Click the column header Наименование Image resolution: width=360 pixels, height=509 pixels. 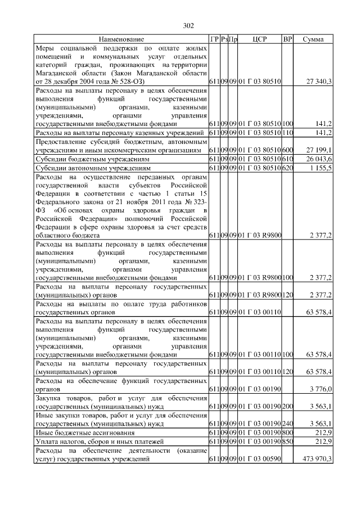(x=121, y=39)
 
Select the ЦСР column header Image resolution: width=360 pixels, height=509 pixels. (x=259, y=39)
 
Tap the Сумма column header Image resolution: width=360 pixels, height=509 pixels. (x=313, y=39)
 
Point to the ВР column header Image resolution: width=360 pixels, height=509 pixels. (x=287, y=39)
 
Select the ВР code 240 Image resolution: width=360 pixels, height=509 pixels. (x=288, y=423)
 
